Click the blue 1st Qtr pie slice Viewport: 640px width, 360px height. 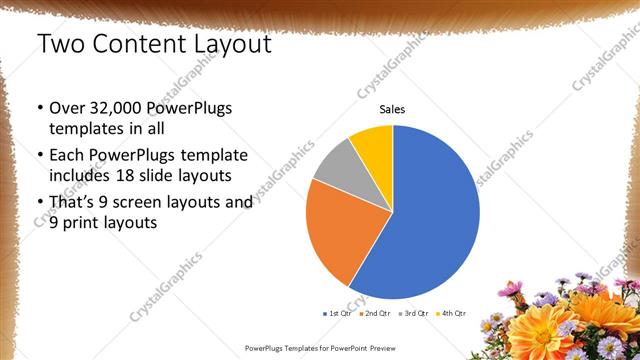tap(435, 220)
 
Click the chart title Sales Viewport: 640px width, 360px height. tap(392, 110)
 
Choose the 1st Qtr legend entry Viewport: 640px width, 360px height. tap(335, 313)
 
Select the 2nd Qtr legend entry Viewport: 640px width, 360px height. tap(374, 313)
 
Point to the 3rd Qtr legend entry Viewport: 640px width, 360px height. tap(415, 313)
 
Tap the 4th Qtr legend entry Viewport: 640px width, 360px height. tap(453, 313)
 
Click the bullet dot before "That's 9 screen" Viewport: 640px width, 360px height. tap(39, 203)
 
